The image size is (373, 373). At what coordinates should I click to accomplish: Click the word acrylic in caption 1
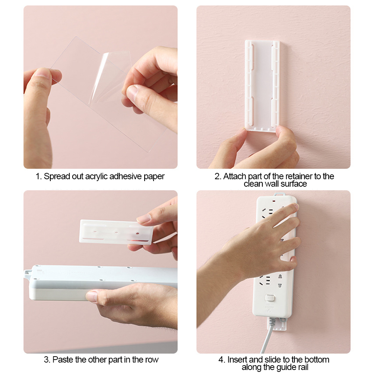pyautogui.click(x=97, y=176)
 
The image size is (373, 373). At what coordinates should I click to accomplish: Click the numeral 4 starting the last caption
pyautogui.click(x=221, y=360)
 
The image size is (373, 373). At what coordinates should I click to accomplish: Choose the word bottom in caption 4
pyautogui.click(x=316, y=360)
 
